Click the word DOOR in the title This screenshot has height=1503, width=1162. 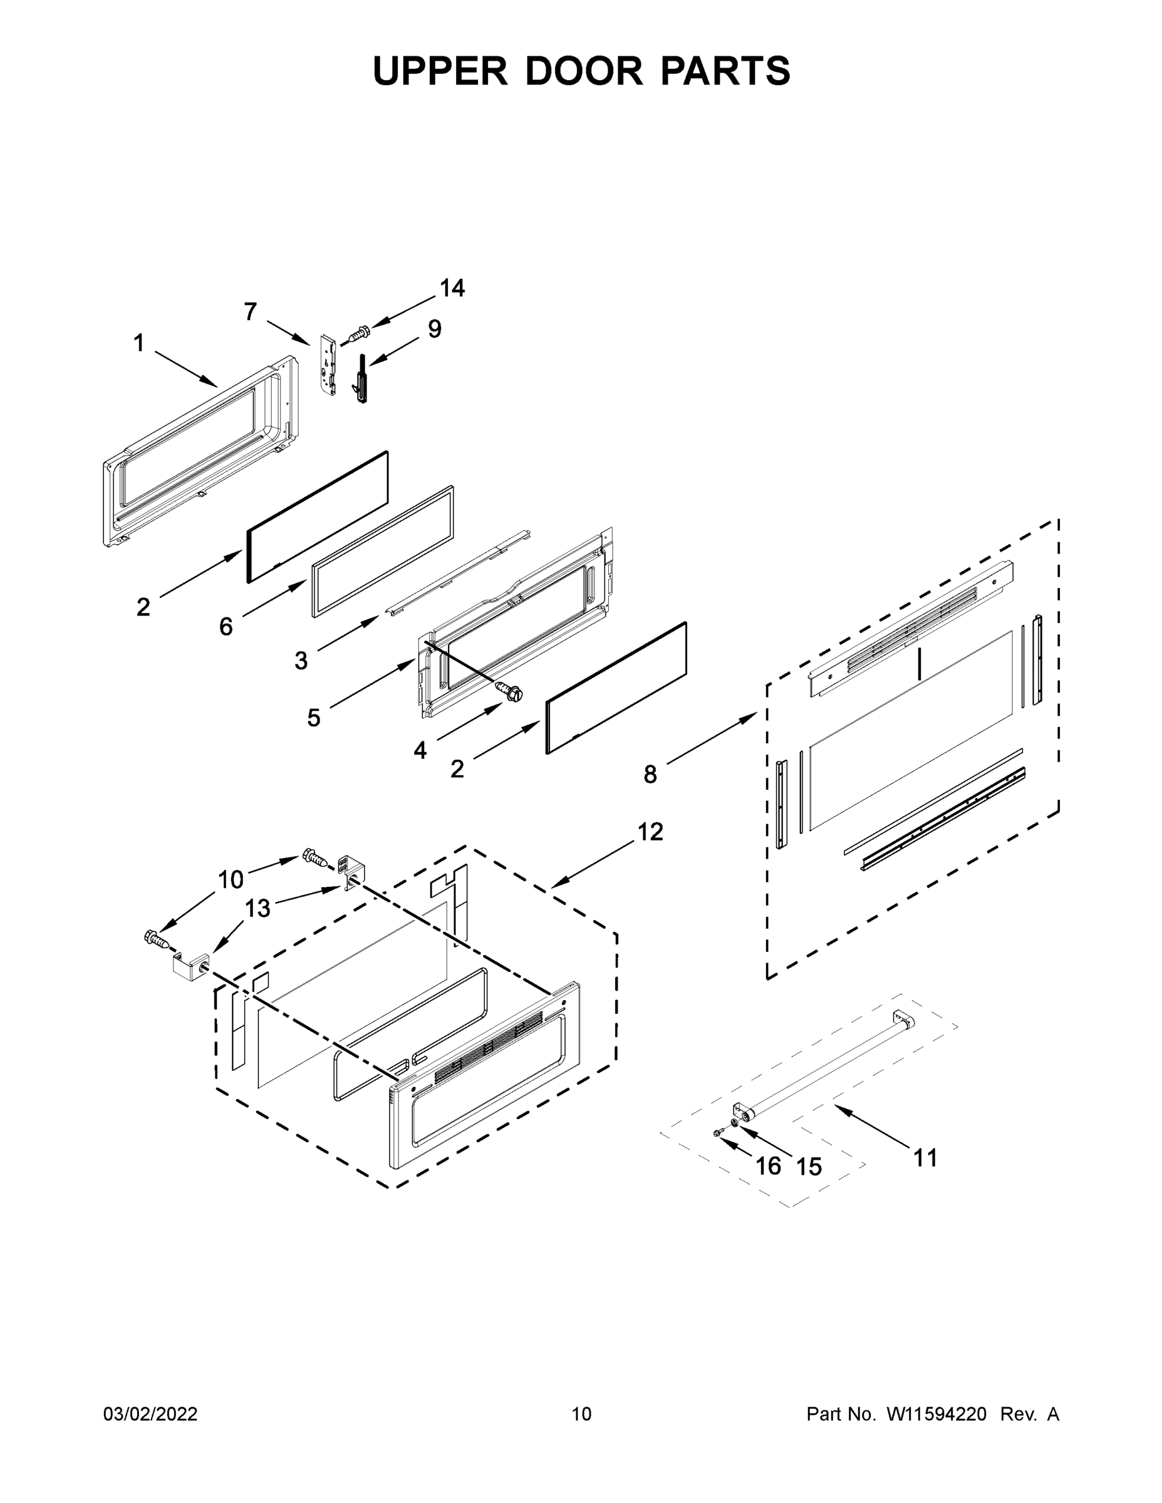[584, 71]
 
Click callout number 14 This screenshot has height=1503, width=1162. [452, 287]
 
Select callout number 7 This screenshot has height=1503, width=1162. [251, 312]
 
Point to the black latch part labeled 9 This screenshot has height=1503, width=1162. [362, 379]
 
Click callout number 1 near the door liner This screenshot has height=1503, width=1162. [139, 343]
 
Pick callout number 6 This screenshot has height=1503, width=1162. [226, 626]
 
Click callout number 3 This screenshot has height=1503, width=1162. [301, 661]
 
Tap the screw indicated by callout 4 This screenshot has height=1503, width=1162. [510, 690]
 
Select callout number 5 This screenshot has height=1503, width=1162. [313, 718]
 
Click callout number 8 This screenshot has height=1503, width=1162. [650, 775]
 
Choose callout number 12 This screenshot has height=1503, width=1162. [650, 831]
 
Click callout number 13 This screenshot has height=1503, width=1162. [257, 909]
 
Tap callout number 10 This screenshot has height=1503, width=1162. [231, 879]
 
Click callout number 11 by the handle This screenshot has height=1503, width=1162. [925, 1157]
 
